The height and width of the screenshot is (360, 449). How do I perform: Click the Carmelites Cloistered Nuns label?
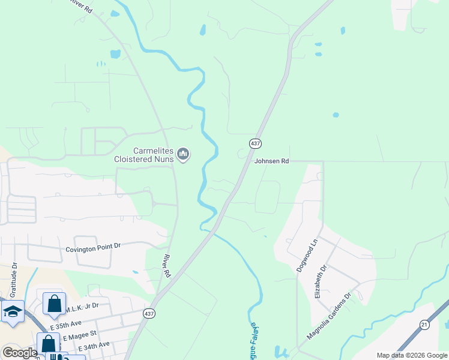(x=144, y=155)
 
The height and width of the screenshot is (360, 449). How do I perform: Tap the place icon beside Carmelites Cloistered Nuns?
(x=184, y=155)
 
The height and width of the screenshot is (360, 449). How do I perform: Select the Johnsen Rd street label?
(x=272, y=161)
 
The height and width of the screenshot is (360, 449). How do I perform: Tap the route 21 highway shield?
(x=425, y=325)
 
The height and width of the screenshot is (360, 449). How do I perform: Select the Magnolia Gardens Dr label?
(x=329, y=316)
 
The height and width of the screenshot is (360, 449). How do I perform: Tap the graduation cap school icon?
(x=13, y=311)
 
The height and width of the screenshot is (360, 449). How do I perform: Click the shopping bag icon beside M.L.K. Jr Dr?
(x=54, y=304)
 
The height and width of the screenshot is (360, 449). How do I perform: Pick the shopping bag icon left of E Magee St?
(x=48, y=344)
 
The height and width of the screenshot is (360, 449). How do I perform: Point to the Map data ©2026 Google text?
(x=412, y=355)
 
